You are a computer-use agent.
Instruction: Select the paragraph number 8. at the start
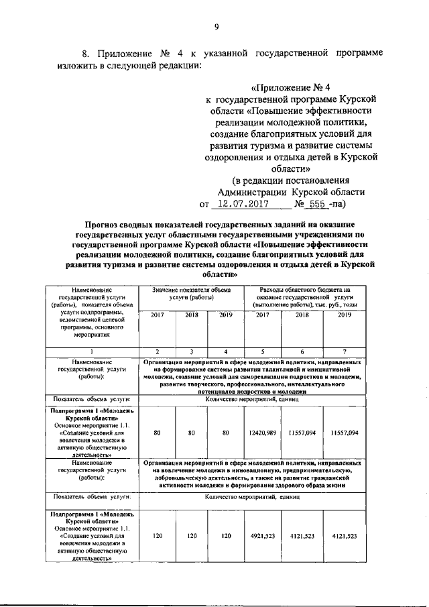86,52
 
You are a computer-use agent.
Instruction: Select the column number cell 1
92,352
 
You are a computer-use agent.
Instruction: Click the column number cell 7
344,352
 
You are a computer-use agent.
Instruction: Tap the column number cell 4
225,352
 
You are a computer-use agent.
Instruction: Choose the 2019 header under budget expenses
344,314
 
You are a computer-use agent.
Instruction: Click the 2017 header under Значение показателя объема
156,314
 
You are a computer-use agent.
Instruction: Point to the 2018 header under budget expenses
301,314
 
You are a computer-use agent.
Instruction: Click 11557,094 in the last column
344,433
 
